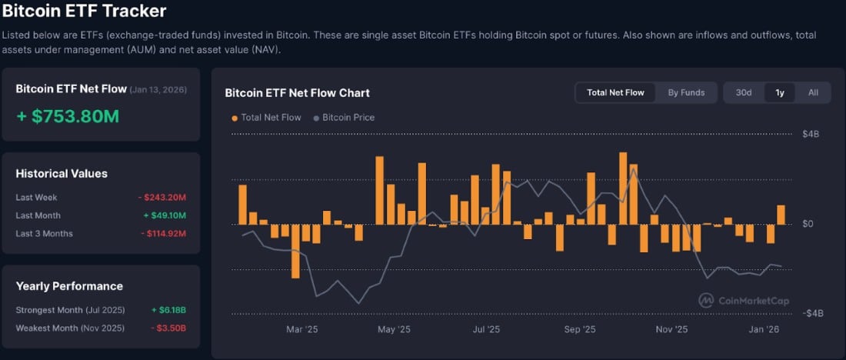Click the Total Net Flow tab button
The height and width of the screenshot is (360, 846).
click(615, 92)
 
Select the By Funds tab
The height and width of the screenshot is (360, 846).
click(686, 92)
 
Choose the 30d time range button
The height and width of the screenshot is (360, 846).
click(743, 92)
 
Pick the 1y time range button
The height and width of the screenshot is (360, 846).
click(779, 92)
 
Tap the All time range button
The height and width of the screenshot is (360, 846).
click(813, 92)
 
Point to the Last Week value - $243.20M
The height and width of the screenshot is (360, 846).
click(162, 198)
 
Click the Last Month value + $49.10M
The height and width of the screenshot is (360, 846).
click(164, 215)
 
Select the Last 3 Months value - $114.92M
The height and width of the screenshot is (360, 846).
click(162, 233)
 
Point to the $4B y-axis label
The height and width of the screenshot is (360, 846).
click(811, 134)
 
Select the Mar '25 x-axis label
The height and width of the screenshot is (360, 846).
click(301, 329)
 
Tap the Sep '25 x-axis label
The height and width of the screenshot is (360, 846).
click(580, 329)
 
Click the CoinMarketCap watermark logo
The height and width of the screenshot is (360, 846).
click(744, 301)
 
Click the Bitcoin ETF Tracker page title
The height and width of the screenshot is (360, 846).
click(84, 12)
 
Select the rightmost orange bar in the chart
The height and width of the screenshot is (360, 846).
click(781, 215)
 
